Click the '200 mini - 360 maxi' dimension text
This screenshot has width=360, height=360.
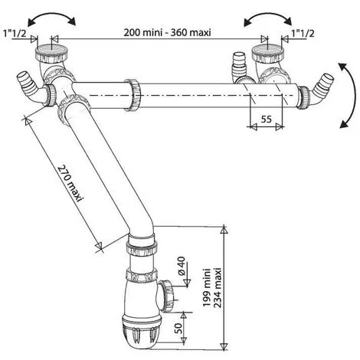[x=167, y=33]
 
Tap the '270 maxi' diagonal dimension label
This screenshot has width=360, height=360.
[x=70, y=183]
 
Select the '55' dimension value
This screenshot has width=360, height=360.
[x=266, y=119]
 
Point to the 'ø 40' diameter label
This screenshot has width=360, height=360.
[x=182, y=266]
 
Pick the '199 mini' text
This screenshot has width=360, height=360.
[x=206, y=287]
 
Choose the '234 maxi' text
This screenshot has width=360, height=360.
[x=218, y=287]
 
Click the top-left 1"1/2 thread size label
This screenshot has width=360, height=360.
[x=15, y=33]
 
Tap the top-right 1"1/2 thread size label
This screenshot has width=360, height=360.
[x=303, y=33]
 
